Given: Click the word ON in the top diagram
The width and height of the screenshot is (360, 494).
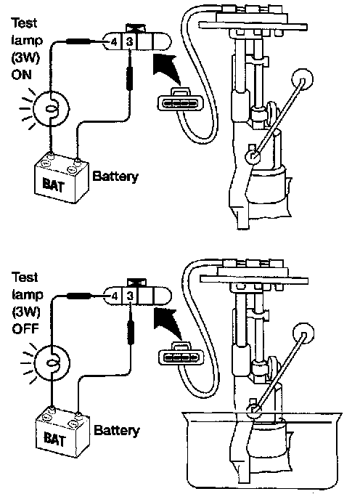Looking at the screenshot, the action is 21,75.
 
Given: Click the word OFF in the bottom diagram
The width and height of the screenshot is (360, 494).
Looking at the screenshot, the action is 25,329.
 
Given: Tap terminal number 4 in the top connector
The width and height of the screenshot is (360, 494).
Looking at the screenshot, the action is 114,41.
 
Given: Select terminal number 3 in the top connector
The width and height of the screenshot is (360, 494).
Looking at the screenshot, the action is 129,41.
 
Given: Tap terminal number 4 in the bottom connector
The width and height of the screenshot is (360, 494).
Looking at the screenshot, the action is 115,296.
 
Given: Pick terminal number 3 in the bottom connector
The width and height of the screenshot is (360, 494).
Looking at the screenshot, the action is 130,296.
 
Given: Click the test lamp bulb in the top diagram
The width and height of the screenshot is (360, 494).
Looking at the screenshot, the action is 51,108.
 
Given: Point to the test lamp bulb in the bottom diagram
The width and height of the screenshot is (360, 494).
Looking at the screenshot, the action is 52,363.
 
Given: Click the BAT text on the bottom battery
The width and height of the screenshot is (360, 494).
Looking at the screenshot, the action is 54,439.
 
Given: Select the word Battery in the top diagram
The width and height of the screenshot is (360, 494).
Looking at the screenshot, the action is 115,177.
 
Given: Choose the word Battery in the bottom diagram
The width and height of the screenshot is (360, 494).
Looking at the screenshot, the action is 117,430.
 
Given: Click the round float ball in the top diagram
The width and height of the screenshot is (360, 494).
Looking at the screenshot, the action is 303,79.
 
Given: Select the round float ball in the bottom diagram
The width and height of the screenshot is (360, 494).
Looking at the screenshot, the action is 303,333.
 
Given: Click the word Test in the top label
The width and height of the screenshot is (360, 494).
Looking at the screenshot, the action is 24,23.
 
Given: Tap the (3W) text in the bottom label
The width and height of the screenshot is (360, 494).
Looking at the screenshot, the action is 26,312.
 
